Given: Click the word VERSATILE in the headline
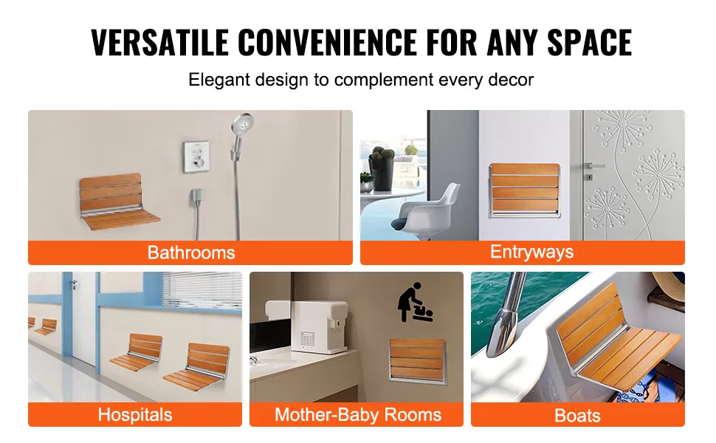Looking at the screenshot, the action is pyautogui.click(x=160, y=42).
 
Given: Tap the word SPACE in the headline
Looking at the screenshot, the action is pyautogui.click(x=590, y=42).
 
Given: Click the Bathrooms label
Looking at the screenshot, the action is pyautogui.click(x=191, y=253).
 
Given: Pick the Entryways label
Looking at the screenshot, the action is pyautogui.click(x=531, y=252).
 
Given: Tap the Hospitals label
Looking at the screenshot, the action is pyautogui.click(x=134, y=415).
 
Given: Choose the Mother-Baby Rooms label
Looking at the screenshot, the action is pyautogui.click(x=358, y=415).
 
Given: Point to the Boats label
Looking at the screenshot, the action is pyautogui.click(x=577, y=416).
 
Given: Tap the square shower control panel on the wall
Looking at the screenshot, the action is pyautogui.click(x=196, y=157).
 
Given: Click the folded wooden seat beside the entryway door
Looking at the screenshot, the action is pyautogui.click(x=524, y=190).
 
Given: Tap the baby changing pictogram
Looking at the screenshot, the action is pyautogui.click(x=414, y=302).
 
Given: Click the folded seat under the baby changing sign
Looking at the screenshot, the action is pyautogui.click(x=416, y=360).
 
